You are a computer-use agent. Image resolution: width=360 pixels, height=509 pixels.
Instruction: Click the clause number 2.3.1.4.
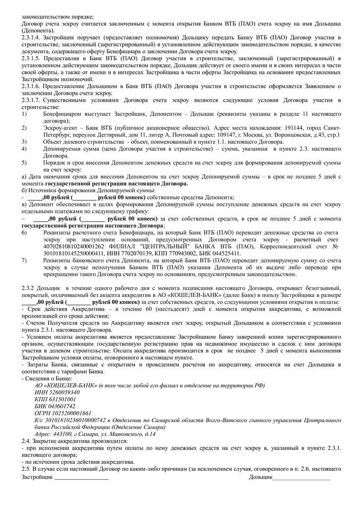32,36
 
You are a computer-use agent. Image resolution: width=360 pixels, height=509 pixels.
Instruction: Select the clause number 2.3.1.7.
32,100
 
